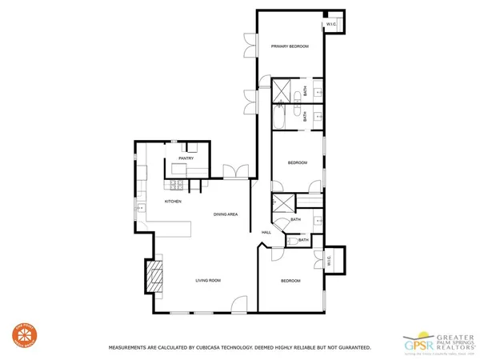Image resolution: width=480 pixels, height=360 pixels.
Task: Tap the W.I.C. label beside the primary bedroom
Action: click(x=331, y=24)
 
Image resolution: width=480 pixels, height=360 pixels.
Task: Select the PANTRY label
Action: click(x=186, y=158)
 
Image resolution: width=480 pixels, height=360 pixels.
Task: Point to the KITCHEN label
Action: click(x=173, y=201)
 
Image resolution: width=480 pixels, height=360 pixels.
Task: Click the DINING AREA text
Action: click(x=225, y=214)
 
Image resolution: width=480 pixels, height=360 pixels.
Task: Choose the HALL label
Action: click(x=266, y=232)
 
